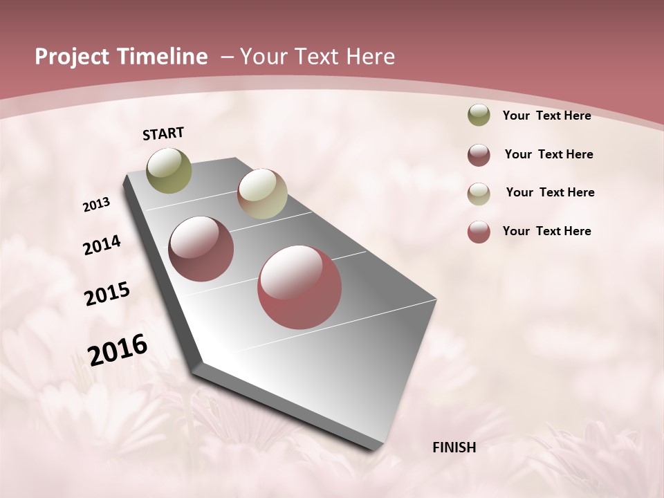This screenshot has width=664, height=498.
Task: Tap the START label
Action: [x=163, y=133]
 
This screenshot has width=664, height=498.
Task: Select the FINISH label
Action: [x=454, y=448]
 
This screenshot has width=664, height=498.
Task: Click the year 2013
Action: [x=96, y=204]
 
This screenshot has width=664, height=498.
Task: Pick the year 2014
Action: [x=102, y=245]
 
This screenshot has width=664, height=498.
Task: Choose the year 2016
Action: [x=118, y=349]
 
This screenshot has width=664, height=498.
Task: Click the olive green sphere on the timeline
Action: [x=169, y=170]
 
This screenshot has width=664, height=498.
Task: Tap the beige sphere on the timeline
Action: [x=262, y=194]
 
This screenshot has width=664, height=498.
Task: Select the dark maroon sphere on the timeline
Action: [x=201, y=249]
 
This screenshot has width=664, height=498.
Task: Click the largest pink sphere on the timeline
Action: [x=299, y=287]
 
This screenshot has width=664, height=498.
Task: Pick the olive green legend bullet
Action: [x=479, y=116]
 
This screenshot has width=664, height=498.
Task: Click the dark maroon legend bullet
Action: [x=479, y=155]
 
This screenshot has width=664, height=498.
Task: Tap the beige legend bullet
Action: [x=479, y=194]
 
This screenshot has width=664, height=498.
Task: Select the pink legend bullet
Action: [x=479, y=232]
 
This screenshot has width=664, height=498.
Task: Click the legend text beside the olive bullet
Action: [x=546, y=116]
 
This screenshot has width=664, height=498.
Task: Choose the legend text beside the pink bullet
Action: [x=546, y=231]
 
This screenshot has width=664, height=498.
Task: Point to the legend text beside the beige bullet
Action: [x=550, y=192]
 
